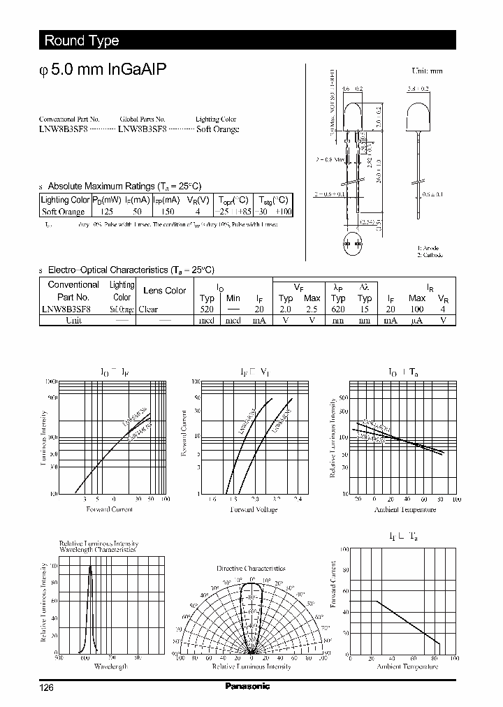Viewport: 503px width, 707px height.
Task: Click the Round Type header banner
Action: [x=82, y=41]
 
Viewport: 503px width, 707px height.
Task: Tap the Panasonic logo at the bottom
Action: [x=247, y=686]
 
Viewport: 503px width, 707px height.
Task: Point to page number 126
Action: [x=46, y=687]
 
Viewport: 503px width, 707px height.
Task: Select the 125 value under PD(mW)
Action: [x=107, y=211]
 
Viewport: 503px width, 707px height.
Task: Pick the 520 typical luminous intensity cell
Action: [x=207, y=309]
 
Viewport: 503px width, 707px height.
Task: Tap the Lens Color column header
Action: [x=164, y=291]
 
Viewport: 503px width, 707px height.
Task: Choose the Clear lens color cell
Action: [x=148, y=309]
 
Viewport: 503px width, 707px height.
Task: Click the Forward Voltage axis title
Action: [x=254, y=510]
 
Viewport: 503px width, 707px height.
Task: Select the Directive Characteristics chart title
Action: [x=251, y=569]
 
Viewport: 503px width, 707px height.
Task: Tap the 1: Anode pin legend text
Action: [x=429, y=249]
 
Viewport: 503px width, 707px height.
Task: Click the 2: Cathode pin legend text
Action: [x=430, y=255]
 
